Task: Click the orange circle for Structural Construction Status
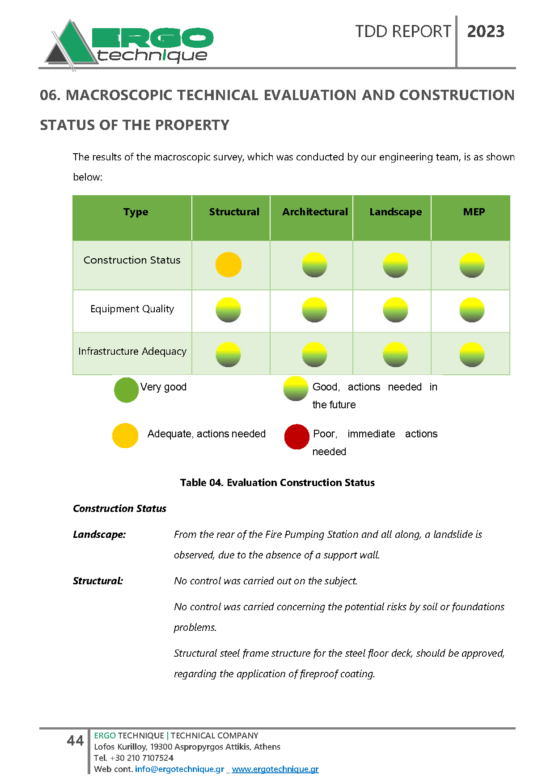tap(228, 265)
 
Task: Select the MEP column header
tap(474, 212)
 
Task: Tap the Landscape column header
tap(395, 212)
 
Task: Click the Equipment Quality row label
tap(132, 309)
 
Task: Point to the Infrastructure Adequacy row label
tap(132, 352)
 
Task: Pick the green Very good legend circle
tap(126, 390)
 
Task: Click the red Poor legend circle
tap(297, 436)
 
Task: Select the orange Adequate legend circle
tap(125, 436)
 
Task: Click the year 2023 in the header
tap(486, 32)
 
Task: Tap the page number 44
tap(75, 741)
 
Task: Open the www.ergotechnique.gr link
tap(275, 769)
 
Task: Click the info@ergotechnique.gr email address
tap(179, 769)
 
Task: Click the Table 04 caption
tap(277, 482)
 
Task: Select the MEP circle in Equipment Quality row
tap(472, 310)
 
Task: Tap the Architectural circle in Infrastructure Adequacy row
tap(314, 355)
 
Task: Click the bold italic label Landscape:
tap(99, 535)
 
